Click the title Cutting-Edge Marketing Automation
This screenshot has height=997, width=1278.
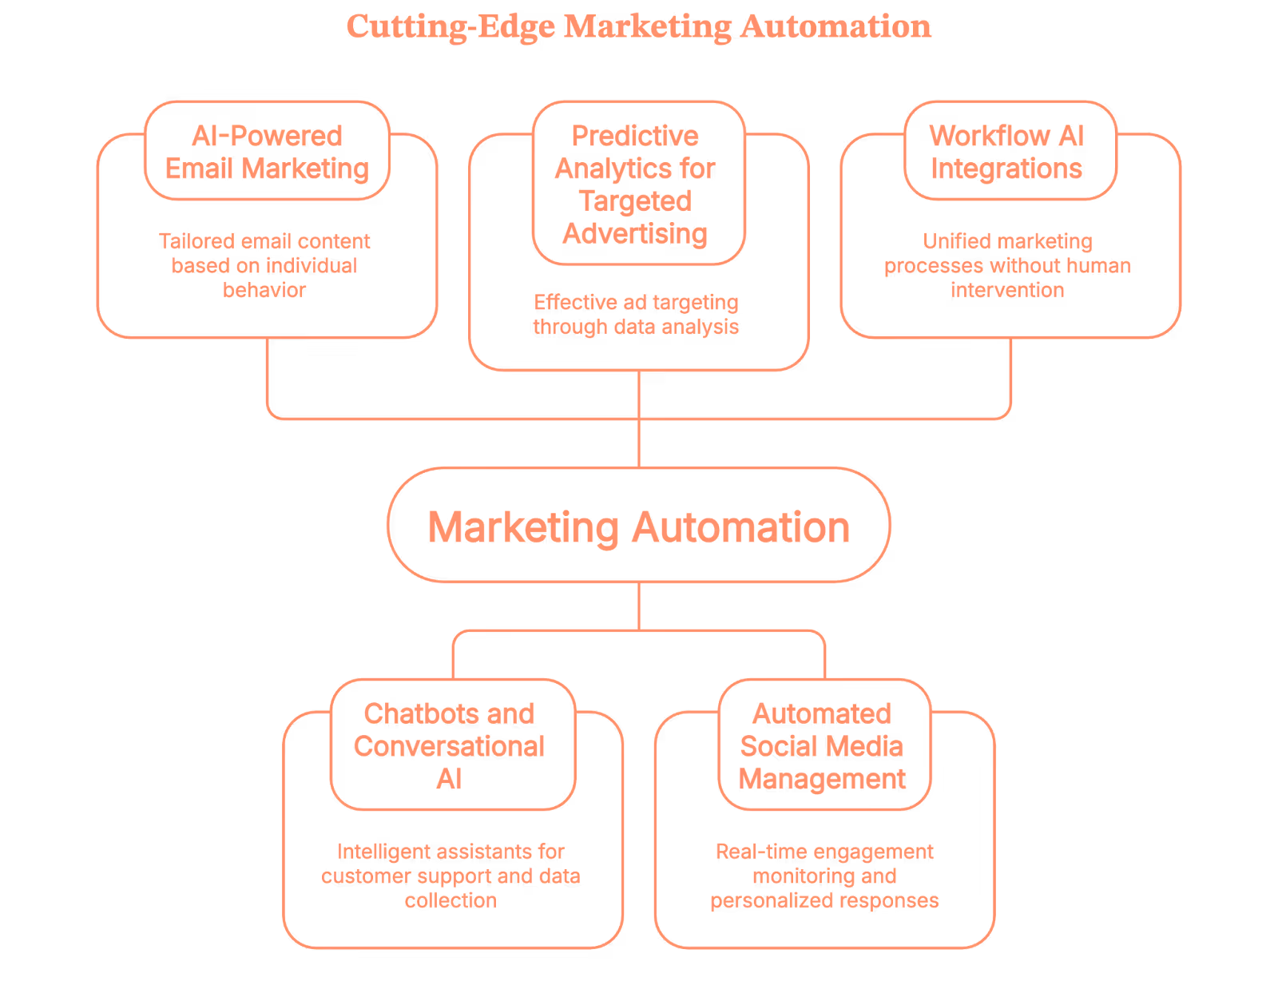point(638,26)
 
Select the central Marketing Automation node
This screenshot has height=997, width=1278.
point(638,526)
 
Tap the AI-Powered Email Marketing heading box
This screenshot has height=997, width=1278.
point(267,152)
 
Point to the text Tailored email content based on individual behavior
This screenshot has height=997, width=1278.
point(264,265)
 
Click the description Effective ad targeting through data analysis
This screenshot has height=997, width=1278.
point(636,314)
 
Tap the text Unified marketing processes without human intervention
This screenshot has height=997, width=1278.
point(1007,265)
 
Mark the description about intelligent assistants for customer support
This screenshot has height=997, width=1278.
point(450,876)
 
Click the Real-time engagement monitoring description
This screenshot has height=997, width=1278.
point(824,876)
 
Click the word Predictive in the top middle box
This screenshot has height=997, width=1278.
point(635,137)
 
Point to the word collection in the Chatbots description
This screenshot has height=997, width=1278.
point(450,900)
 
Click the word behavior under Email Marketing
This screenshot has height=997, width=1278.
point(264,290)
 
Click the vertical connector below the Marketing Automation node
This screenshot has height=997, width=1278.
point(639,606)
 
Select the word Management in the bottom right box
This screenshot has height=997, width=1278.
point(822,779)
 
